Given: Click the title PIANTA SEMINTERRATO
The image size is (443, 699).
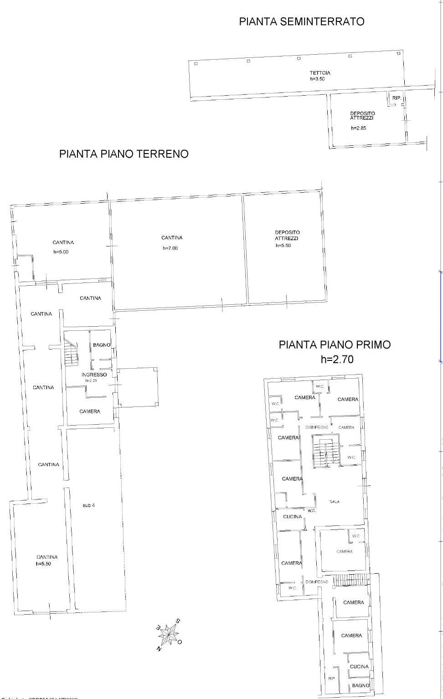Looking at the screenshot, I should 302,21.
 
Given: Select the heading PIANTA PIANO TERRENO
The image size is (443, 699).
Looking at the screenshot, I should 124,154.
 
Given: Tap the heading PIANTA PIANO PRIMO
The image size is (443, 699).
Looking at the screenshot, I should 335,344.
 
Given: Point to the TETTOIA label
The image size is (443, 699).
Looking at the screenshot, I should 320,73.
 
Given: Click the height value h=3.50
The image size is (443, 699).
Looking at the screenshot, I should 317,79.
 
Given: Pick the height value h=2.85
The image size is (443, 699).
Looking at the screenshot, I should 358,128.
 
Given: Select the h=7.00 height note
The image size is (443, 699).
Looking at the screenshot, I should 170,248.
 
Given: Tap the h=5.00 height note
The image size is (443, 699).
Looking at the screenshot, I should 61,252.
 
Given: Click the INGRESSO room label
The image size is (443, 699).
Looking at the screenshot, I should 94,375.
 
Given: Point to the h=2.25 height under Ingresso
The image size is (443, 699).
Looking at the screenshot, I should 91,380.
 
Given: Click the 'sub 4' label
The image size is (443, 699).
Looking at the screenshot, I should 89,505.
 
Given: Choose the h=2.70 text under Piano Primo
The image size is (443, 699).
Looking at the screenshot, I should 337,360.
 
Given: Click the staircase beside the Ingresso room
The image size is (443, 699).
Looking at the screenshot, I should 71,353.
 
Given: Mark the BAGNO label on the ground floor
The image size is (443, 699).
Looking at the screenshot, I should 101,345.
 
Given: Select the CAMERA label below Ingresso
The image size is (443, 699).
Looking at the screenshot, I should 89,411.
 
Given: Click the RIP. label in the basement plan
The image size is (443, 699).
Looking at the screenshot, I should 397,98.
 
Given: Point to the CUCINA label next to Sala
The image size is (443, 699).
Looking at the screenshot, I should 292,517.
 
